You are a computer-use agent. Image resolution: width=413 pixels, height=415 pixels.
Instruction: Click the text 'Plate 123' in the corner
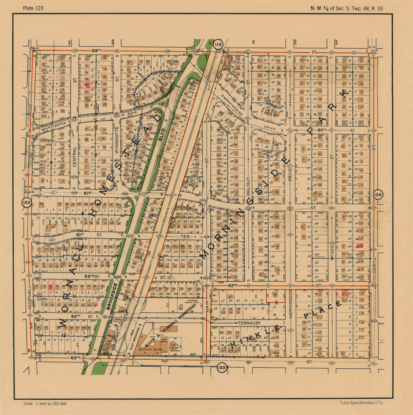pyautogui.click(x=33, y=8)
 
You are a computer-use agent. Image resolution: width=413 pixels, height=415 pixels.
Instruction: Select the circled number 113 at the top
pyautogui.click(x=218, y=45)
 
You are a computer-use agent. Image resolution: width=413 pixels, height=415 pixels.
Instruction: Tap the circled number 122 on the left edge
pyautogui.click(x=26, y=202)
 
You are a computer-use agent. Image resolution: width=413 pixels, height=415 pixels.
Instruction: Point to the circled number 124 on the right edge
pyautogui.click(x=378, y=195)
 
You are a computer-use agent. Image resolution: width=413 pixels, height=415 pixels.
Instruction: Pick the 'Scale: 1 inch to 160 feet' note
pyautogui.click(x=45, y=404)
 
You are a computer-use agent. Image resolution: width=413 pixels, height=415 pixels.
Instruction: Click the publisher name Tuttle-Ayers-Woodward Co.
pyautogui.click(x=361, y=403)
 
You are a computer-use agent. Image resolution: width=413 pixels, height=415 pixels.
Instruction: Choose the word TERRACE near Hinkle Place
pyautogui.click(x=248, y=323)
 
